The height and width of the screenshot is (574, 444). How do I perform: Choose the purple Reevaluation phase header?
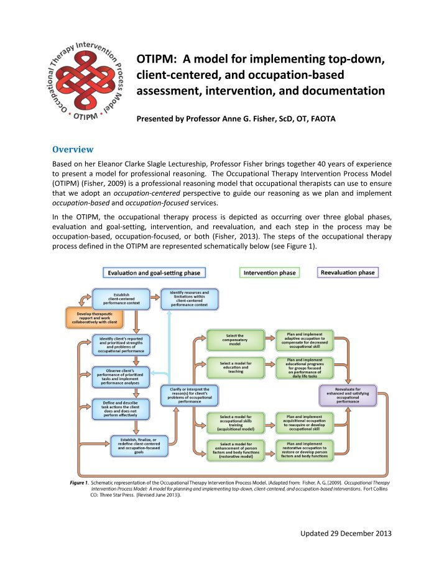(348, 272)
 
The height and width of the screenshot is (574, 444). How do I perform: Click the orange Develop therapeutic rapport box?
(93, 319)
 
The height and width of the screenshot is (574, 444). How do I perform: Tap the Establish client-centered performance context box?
(121, 298)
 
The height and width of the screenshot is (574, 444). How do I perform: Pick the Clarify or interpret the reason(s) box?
(188, 396)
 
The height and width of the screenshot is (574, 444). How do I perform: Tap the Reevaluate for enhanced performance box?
(348, 396)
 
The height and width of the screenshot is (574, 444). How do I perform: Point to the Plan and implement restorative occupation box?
(304, 449)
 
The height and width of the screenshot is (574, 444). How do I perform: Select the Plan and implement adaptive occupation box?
(304, 339)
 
